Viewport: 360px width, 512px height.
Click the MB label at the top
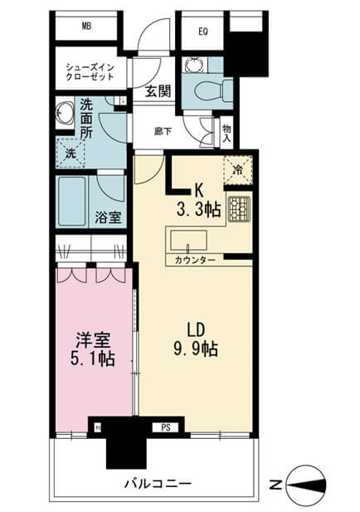[x=86, y=26]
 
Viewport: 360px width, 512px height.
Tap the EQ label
[x=203, y=32]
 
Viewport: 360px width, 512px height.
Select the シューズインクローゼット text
[x=90, y=72]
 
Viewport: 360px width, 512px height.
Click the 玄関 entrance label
[x=158, y=91]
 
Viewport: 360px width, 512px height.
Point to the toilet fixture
[x=212, y=90]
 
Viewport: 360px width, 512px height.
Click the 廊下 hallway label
[x=163, y=131]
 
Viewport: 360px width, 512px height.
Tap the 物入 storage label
[x=226, y=133]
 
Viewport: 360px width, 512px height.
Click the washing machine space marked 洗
[x=71, y=153]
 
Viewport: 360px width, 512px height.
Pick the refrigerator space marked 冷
[x=238, y=170]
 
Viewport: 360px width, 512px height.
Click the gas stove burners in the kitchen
[x=239, y=208]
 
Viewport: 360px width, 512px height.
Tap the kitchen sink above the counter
[x=188, y=241]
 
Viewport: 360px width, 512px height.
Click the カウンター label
[x=195, y=261]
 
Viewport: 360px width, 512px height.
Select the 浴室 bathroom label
[x=108, y=217]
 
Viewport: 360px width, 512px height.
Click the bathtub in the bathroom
[x=72, y=202]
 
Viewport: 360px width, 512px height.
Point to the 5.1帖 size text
[x=92, y=358]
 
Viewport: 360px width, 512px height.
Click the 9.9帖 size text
[x=196, y=349]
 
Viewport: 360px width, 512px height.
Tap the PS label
[x=166, y=427]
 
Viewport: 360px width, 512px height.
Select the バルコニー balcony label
[x=158, y=484]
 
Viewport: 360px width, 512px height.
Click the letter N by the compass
[x=275, y=485]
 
